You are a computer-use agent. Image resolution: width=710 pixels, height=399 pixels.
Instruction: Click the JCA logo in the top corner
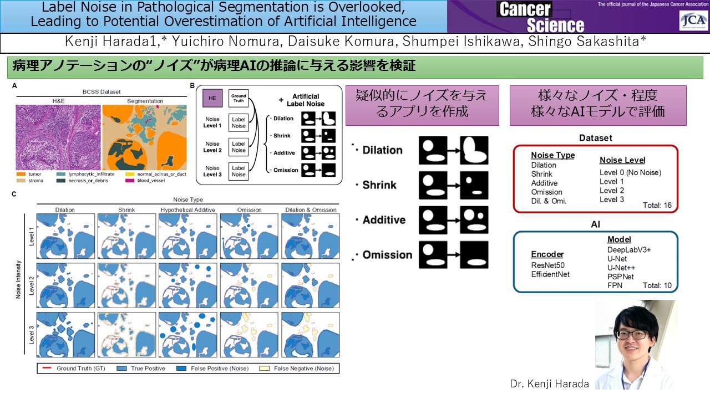coord(693,21)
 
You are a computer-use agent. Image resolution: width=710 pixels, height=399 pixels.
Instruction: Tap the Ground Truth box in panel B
coord(239,99)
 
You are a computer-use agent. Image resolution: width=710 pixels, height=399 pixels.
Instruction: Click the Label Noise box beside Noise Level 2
coord(239,147)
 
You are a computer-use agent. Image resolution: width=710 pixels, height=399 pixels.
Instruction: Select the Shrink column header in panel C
coord(127,210)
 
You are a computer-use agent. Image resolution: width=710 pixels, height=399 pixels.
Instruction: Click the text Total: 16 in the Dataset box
coord(657,206)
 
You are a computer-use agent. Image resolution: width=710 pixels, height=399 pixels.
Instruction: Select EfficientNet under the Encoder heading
coord(550,274)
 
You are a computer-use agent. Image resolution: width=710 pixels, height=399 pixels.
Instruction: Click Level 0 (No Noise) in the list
coord(630,173)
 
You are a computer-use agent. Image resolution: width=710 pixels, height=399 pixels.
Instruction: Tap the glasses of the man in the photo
coord(632,335)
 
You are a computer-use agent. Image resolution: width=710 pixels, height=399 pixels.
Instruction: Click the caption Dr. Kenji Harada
coord(549,383)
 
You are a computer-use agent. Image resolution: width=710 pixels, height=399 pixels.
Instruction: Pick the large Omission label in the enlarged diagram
coord(387,255)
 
